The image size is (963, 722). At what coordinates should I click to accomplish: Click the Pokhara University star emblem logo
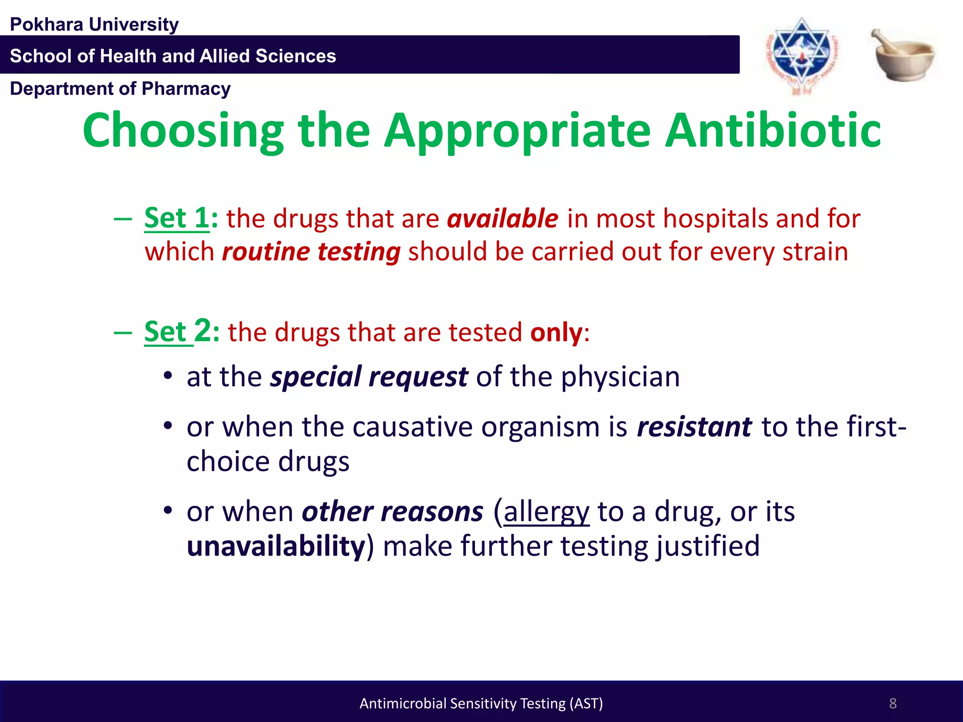(x=802, y=55)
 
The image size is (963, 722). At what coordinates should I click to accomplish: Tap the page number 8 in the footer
(x=892, y=703)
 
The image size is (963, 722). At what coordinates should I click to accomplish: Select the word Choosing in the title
(x=183, y=130)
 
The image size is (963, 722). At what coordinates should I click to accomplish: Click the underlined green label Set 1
(x=176, y=219)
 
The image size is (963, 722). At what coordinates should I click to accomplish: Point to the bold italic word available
(x=502, y=219)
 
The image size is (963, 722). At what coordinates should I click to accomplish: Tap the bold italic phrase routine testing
(x=311, y=252)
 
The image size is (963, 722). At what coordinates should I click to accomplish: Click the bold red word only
(x=556, y=332)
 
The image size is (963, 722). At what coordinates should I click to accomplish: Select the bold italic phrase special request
(x=369, y=377)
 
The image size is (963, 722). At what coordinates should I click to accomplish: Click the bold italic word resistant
(x=694, y=427)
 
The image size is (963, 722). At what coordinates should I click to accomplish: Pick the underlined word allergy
(x=546, y=512)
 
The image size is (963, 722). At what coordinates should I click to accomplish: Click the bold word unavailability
(x=276, y=546)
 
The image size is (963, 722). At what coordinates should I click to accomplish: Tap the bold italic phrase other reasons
(x=392, y=512)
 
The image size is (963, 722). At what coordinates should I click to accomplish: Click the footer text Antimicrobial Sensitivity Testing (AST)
(x=481, y=703)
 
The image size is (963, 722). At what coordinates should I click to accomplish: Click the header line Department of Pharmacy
(x=120, y=89)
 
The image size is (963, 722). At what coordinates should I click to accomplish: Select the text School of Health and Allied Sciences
(x=173, y=56)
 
